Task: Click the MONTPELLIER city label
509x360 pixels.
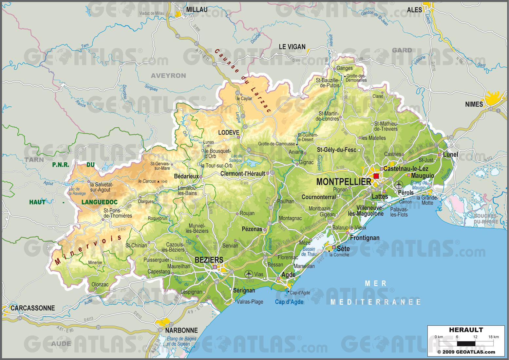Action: coord(344,182)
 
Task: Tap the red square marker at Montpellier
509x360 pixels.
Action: coord(376,176)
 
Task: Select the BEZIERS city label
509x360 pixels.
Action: coord(209,260)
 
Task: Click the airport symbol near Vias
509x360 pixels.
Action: coord(249,274)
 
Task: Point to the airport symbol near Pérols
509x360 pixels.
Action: coord(399,184)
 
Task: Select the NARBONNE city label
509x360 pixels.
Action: coord(181,330)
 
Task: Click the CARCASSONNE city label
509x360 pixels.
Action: coord(33,308)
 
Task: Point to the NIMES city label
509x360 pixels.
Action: coord(474,104)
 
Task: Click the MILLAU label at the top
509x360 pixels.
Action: coord(197,10)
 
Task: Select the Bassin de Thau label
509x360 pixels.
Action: coord(308,251)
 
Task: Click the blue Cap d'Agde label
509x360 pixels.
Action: coord(289,302)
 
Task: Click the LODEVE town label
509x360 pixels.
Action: coord(229,132)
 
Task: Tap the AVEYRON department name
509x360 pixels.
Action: coord(168,76)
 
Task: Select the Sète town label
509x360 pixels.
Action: coord(343,249)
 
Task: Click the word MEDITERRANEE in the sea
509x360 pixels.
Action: coord(375,302)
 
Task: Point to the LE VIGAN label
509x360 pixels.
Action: coord(292,47)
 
